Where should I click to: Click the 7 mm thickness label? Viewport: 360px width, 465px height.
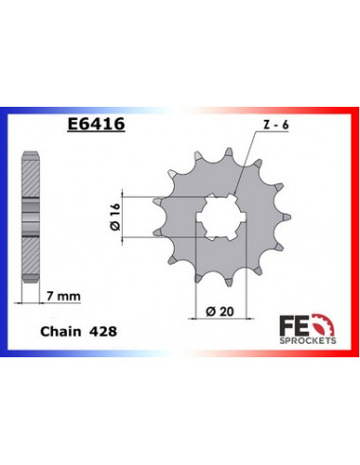(62, 297)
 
